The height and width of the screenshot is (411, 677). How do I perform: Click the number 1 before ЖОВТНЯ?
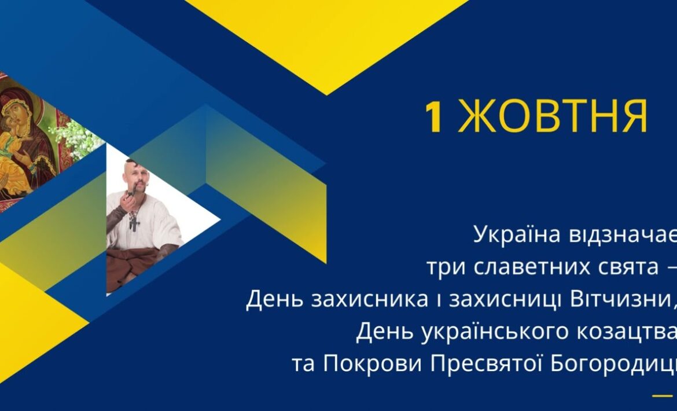coord(434,117)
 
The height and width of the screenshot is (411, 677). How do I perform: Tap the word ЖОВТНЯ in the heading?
coord(553,117)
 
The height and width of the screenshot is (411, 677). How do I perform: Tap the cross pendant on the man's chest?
coord(134,220)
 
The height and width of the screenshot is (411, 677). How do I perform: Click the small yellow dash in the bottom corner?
coord(661,396)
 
